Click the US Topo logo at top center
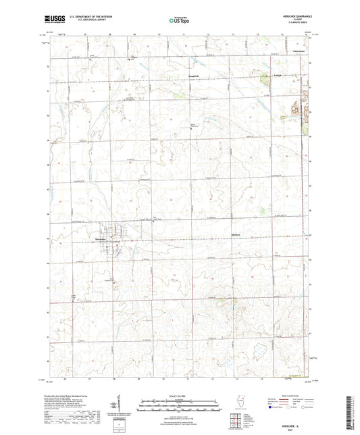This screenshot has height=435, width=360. pyautogui.click(x=179, y=21)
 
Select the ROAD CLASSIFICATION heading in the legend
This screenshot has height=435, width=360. pyautogui.click(x=294, y=395)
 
